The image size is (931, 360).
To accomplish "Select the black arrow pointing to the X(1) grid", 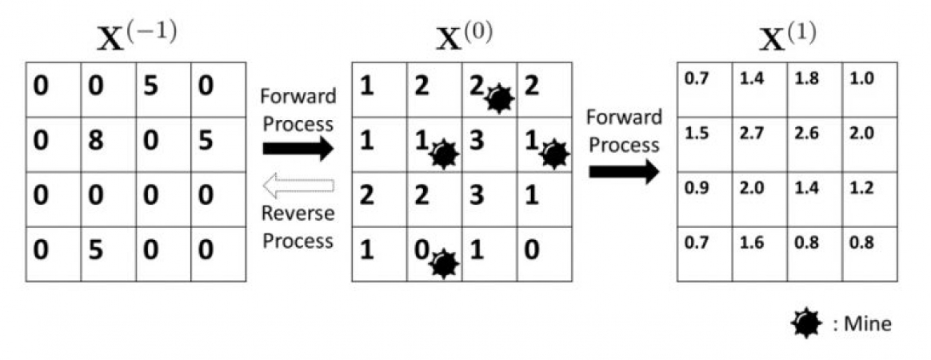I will (x=624, y=170).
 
